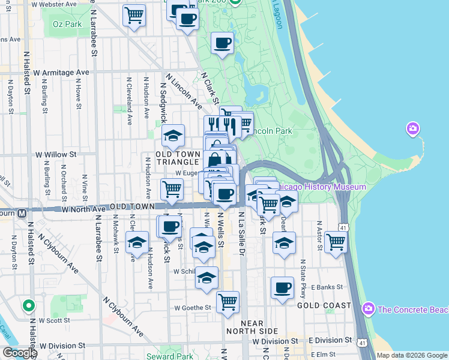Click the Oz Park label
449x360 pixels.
[67, 24]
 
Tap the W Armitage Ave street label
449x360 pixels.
[61, 73]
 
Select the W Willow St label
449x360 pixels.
[55, 154]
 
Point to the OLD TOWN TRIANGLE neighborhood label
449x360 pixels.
[177, 158]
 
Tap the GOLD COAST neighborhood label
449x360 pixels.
[324, 305]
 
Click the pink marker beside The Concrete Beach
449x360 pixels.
[369, 309]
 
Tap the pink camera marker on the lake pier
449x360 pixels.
[412, 128]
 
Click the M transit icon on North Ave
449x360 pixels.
[22, 212]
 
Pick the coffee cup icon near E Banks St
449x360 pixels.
[282, 288]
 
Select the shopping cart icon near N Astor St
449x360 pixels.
[336, 242]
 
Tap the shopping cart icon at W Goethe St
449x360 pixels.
[228, 302]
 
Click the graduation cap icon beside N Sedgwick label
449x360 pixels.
[173, 136]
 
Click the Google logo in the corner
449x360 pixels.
[19, 353]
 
